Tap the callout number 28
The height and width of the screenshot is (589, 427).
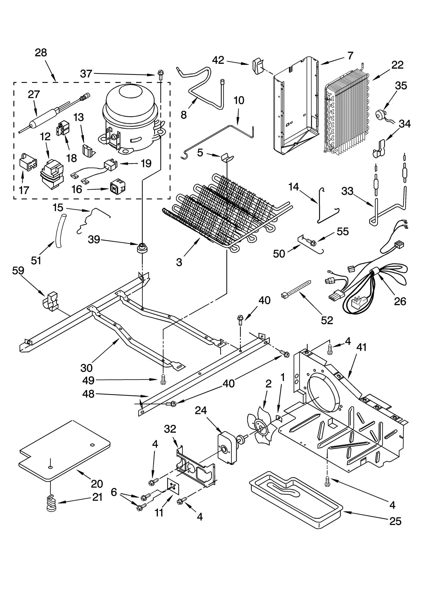coord(41,53)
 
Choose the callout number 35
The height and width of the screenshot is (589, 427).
coord(401,86)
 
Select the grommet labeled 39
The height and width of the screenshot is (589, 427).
coord(142,248)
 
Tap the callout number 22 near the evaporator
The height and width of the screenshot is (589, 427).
coord(397,65)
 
